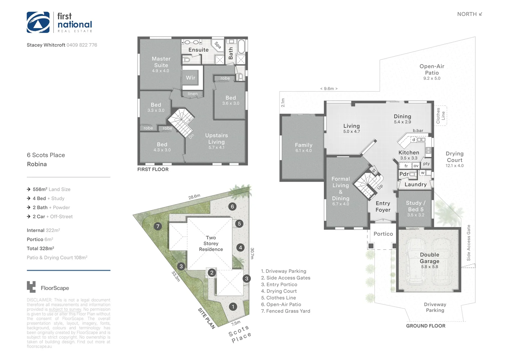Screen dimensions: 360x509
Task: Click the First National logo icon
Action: click(x=38, y=22)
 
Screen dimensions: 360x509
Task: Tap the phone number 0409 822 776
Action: click(x=82, y=45)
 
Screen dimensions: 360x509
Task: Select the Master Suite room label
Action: click(x=161, y=62)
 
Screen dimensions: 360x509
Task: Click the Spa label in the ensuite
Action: click(x=218, y=45)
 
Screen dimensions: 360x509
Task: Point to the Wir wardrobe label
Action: click(x=191, y=78)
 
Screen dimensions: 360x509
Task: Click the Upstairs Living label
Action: click(x=217, y=139)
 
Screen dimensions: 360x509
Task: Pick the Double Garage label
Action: click(x=429, y=258)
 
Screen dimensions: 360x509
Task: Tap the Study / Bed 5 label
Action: click(x=415, y=206)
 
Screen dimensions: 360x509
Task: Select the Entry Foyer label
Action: click(x=383, y=207)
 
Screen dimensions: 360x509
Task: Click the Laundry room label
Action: click(x=415, y=184)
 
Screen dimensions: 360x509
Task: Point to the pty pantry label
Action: click(x=426, y=164)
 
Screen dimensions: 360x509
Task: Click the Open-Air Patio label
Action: click(x=432, y=70)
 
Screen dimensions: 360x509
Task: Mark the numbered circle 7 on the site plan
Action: click(x=158, y=227)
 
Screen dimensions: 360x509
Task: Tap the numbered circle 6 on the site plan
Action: click(x=232, y=206)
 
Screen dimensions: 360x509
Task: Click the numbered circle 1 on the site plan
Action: click(x=233, y=307)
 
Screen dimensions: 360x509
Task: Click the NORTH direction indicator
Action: click(x=469, y=14)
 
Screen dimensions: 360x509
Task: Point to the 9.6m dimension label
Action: click(x=329, y=89)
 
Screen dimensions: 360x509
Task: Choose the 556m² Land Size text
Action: click(x=51, y=189)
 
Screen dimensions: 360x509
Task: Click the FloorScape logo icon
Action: click(x=31, y=287)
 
